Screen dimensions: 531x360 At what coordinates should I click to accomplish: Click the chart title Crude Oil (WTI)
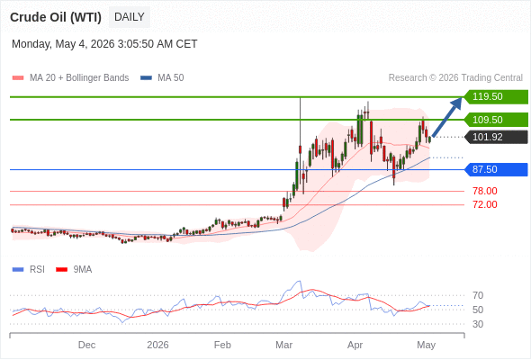coord(56,17)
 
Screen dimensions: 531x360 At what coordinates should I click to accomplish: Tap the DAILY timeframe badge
coord(130,17)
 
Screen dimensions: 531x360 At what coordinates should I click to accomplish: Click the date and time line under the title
coord(104,44)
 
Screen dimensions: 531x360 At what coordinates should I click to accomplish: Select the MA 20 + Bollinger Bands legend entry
coord(71,78)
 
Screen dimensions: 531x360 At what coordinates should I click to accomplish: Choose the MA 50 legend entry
coord(162,78)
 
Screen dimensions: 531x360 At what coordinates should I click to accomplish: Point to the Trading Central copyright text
coord(455,78)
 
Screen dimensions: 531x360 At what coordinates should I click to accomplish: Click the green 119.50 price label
coord(496,97)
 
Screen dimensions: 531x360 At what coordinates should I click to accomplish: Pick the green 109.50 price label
coord(496,120)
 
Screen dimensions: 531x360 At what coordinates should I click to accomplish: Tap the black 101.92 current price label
coord(496,137)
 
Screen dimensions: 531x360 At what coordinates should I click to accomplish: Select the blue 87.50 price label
coord(496,169)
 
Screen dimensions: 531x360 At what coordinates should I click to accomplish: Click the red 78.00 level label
coord(485,191)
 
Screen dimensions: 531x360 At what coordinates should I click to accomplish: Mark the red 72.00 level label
coord(485,204)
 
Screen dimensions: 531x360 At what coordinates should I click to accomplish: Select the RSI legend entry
coord(29,270)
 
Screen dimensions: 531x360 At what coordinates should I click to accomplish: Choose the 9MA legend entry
coord(74,270)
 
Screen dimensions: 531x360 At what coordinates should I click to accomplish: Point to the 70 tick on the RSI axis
coord(478,296)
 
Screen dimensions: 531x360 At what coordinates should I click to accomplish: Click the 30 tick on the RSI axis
coord(478,324)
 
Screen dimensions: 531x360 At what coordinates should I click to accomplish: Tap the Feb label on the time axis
coord(222,345)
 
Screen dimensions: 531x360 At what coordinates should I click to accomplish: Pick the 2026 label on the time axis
coord(157,345)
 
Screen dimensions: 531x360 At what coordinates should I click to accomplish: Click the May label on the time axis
coord(426,345)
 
